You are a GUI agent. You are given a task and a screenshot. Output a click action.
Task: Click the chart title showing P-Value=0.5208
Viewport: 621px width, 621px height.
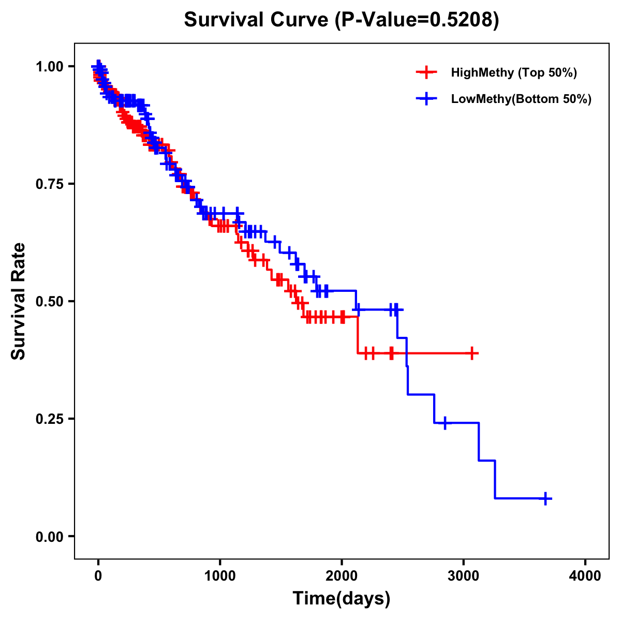[342, 20]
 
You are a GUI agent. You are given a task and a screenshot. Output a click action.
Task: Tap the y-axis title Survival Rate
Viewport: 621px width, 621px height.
[19, 301]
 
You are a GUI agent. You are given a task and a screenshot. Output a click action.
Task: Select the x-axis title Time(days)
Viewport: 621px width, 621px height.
[342, 598]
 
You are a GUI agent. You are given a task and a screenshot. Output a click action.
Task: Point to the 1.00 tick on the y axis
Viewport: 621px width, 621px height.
[49, 66]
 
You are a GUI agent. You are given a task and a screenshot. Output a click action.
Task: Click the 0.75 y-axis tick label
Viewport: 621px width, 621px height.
[49, 184]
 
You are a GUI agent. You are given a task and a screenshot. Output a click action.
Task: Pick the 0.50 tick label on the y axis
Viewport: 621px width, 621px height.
[49, 301]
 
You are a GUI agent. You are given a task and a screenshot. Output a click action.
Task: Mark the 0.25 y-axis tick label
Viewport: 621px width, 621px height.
[49, 419]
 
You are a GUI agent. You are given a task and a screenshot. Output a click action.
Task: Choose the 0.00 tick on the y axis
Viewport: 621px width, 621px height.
[49, 536]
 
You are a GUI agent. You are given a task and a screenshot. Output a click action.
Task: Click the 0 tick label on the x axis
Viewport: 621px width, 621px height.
[98, 575]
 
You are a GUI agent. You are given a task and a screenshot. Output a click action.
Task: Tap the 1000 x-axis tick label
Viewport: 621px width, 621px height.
[220, 575]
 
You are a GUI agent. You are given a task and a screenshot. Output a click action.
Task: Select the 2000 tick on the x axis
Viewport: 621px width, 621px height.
[342, 575]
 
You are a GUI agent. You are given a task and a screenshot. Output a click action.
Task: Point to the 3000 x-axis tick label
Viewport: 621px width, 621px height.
[464, 575]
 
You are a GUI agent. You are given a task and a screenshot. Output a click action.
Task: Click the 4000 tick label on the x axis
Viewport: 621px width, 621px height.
[585, 575]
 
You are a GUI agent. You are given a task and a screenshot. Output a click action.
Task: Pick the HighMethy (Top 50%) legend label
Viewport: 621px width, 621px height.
[514, 72]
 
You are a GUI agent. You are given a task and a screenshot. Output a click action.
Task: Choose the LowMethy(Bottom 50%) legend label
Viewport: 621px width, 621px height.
[521, 99]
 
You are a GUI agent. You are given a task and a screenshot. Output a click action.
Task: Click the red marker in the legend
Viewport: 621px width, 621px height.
[426, 72]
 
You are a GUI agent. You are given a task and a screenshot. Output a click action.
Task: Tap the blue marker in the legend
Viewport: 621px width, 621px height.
[426, 99]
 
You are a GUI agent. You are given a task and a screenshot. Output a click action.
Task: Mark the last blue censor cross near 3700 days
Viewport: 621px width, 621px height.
[545, 498]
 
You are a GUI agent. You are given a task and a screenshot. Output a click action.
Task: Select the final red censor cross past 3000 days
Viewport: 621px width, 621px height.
[472, 353]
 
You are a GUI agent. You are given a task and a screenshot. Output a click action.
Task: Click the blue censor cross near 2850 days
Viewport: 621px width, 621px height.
[445, 423]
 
